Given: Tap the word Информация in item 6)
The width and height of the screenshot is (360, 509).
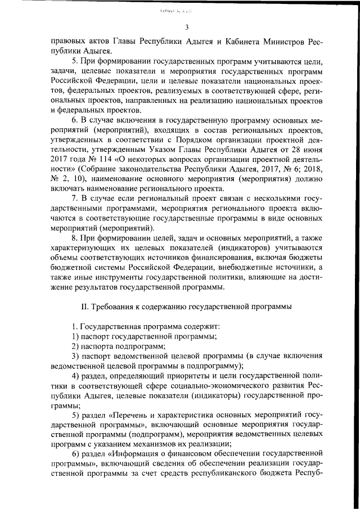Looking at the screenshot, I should pyautogui.click(x=137, y=454).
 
